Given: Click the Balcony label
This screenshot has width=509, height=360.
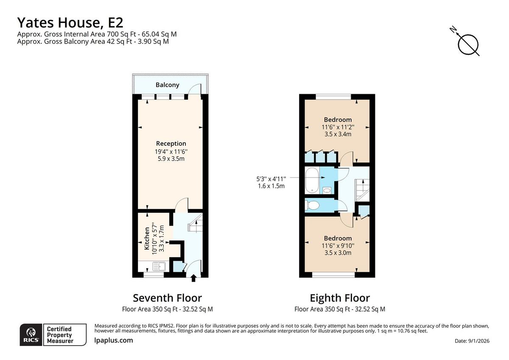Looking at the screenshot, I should point(167,85).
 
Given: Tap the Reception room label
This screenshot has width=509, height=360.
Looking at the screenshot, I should point(171,143).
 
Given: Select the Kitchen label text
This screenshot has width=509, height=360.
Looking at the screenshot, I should point(147,238).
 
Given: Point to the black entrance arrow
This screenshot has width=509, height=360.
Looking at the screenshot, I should point(194,278).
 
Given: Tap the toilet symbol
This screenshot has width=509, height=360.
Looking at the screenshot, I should point(313,205).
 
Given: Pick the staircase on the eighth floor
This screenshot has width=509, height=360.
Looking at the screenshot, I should point(362,189).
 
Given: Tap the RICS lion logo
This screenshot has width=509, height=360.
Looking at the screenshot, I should point(31,335).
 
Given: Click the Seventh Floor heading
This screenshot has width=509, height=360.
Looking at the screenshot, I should point(167,298).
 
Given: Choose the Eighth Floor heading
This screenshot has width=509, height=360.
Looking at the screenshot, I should point(339,298).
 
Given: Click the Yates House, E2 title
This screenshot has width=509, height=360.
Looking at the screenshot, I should point(70,22).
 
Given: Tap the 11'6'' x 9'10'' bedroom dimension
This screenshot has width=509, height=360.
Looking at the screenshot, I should point(338,245).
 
